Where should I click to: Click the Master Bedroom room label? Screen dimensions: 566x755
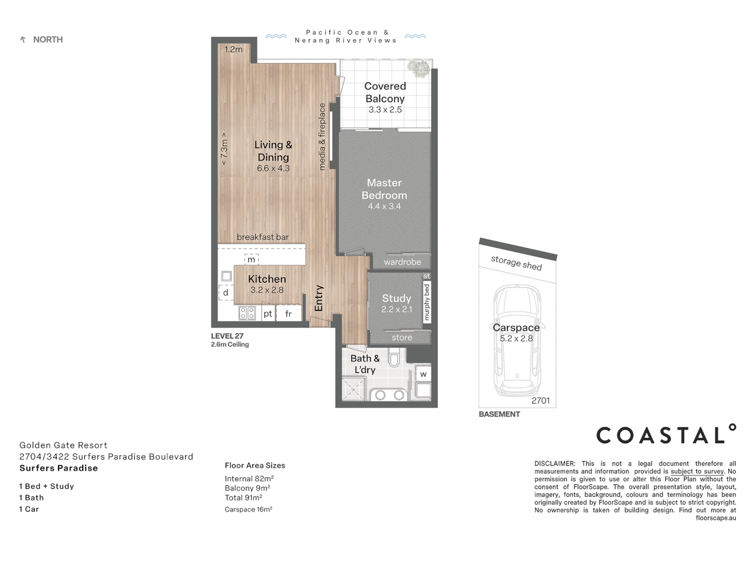click(x=384, y=189)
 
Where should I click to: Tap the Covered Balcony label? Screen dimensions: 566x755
click(x=385, y=92)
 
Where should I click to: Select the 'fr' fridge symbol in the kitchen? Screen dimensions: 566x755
click(x=288, y=314)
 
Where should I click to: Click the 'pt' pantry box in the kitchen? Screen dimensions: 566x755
click(x=268, y=314)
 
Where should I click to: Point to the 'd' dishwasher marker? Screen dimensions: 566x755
click(x=226, y=292)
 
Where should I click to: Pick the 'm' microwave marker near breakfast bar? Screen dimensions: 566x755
click(x=252, y=259)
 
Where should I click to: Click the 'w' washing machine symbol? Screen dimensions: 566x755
click(x=423, y=374)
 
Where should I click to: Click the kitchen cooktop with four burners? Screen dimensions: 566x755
click(x=247, y=313)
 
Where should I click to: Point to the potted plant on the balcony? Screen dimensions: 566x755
click(x=418, y=68)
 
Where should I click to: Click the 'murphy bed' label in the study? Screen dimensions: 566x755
click(x=427, y=302)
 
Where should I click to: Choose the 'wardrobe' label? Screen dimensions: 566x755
click(x=402, y=262)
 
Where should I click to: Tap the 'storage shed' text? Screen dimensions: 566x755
click(x=516, y=263)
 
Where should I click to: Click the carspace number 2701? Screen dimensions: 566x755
click(x=541, y=401)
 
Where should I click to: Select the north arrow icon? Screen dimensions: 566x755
click(x=23, y=40)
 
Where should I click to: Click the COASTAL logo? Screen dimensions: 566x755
click(x=666, y=435)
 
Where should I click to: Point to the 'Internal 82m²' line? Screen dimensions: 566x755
click(x=249, y=478)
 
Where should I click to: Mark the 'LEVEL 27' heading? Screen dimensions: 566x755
click(x=227, y=336)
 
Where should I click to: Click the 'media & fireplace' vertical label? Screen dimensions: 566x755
click(x=322, y=136)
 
